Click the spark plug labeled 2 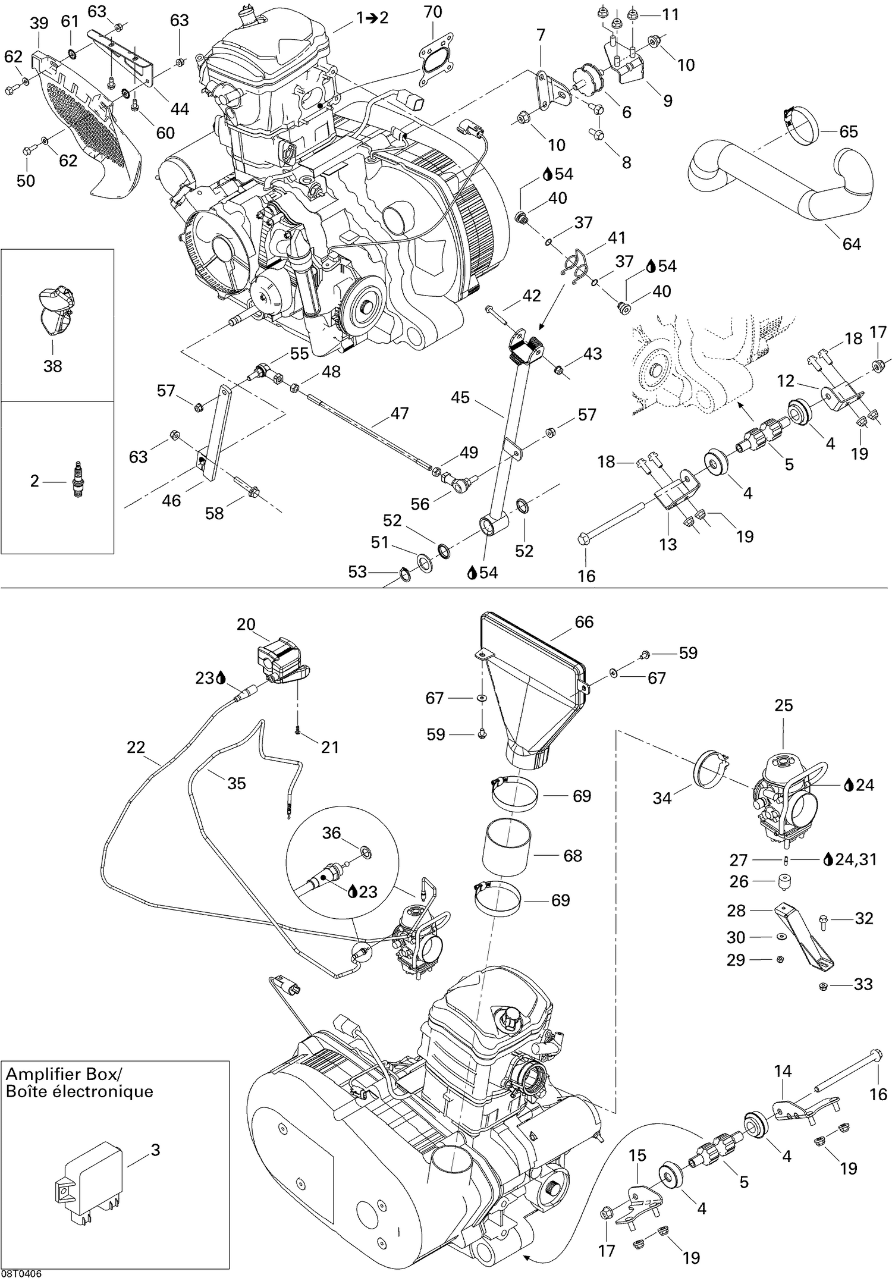click(x=76, y=480)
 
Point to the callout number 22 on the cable click(x=136, y=747)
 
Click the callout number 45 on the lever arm click(x=460, y=397)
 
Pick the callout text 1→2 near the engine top click(x=372, y=18)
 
